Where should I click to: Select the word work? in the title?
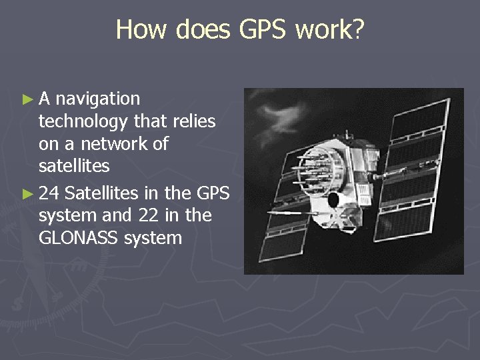(331, 29)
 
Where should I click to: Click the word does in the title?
(196, 29)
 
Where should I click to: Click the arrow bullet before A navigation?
(27, 100)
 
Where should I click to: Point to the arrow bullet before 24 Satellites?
(27, 194)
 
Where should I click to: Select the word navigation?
(98, 99)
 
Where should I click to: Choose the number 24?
(50, 193)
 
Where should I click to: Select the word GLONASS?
(79, 238)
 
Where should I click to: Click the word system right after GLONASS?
(153, 238)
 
